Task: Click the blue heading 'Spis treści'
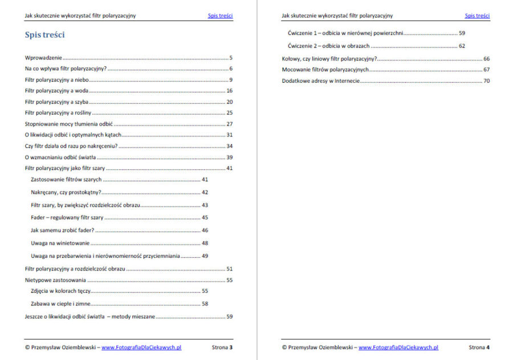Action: point(44,35)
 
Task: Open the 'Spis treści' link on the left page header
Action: point(220,16)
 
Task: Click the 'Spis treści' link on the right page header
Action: point(477,16)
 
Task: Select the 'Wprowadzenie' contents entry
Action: point(43,58)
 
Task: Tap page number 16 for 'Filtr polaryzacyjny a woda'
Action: point(229,91)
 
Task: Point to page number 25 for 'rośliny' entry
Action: point(229,113)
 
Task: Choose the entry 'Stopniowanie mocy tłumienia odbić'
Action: point(69,124)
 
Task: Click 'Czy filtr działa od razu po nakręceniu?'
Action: point(71,146)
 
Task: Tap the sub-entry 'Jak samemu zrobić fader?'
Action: point(63,230)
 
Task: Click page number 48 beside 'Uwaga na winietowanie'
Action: point(205,243)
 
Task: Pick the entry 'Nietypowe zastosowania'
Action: point(55,280)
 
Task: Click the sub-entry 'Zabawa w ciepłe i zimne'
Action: point(60,304)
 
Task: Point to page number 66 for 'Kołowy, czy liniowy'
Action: point(486,59)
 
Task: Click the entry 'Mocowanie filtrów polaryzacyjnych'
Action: point(325,70)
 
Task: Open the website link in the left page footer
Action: point(141,347)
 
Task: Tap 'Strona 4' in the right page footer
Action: point(479,347)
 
